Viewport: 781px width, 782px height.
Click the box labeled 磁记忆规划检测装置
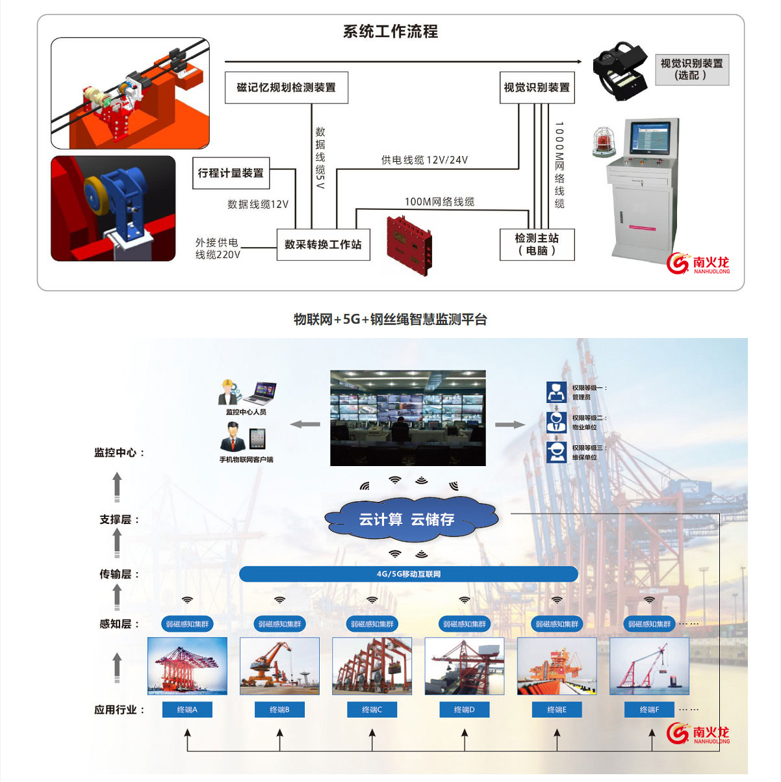286,88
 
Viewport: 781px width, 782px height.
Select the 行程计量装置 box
231,173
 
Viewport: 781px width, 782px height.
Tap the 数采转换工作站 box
323,244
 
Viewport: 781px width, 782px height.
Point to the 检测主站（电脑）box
537,244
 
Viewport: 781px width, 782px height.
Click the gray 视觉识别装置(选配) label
691,70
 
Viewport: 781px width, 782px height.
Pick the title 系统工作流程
390,31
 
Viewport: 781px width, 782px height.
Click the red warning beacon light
604,141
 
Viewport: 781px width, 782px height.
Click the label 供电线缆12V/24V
424,160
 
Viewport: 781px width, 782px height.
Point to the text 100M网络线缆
439,202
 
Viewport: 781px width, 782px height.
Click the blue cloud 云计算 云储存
408,519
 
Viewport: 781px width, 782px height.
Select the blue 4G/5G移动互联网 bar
408,574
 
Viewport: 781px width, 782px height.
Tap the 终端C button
372,709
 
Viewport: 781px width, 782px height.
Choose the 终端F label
649,709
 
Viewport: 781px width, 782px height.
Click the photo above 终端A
187,666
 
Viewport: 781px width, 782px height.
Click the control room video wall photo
407,418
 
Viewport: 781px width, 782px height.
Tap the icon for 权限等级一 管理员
556,392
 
